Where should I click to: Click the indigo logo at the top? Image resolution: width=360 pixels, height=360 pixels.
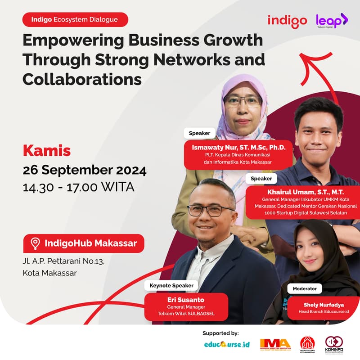(287, 21)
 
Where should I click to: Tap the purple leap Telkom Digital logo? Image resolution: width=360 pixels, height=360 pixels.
(332, 21)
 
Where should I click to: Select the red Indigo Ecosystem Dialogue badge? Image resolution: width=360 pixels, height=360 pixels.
(75, 19)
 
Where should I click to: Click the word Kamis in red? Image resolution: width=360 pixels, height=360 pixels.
(47, 151)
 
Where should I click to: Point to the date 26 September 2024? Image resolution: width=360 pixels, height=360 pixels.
(85, 171)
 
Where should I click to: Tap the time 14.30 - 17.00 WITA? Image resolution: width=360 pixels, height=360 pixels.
(79, 187)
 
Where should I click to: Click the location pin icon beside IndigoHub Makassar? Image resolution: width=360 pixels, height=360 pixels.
(35, 244)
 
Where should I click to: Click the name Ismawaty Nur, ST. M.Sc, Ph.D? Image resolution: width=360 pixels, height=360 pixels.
(239, 148)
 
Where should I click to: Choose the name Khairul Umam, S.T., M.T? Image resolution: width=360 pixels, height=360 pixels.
(299, 192)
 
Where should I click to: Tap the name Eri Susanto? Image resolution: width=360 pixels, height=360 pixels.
(186, 299)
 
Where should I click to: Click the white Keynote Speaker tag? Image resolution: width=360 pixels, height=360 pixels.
(171, 285)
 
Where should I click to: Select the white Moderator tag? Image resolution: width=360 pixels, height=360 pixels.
(305, 288)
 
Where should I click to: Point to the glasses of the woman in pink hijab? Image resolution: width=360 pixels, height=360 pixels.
(243, 101)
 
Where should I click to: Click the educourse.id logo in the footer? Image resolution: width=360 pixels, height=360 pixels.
(226, 344)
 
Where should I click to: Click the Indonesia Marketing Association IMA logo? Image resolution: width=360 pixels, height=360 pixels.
(275, 344)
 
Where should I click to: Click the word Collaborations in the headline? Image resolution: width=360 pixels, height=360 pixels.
(82, 79)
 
